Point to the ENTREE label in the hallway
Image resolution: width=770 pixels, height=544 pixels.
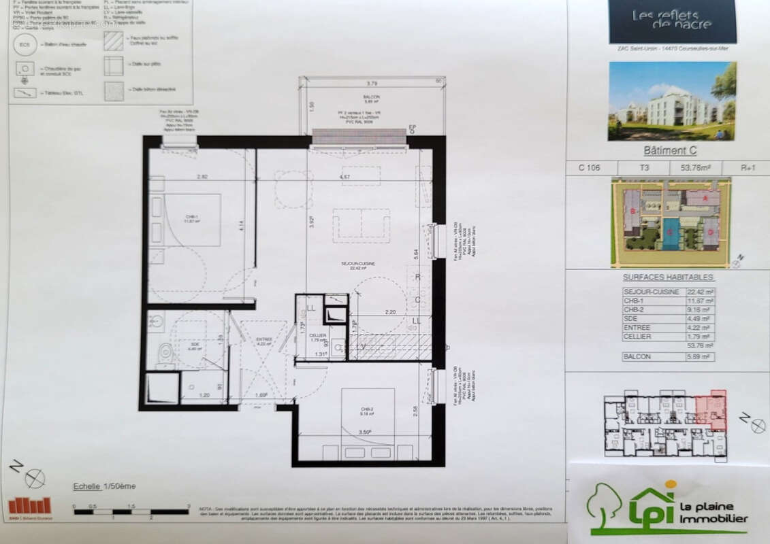click(x=264, y=340)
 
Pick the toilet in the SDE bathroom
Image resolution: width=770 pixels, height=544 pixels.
click(x=165, y=352)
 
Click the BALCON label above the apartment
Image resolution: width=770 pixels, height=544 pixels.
click(x=371, y=98)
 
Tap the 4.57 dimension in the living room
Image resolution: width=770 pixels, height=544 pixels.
click(x=349, y=177)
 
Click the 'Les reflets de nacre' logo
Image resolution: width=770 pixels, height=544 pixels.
click(x=671, y=20)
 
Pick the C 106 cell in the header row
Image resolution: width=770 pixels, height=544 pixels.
click(x=590, y=168)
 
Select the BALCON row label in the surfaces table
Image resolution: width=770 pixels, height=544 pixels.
click(x=637, y=356)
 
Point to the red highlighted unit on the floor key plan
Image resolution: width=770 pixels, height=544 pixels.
click(x=712, y=409)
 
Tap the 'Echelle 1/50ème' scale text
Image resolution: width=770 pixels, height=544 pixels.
click(x=104, y=486)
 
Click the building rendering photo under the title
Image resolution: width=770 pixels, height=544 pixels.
click(x=672, y=101)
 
